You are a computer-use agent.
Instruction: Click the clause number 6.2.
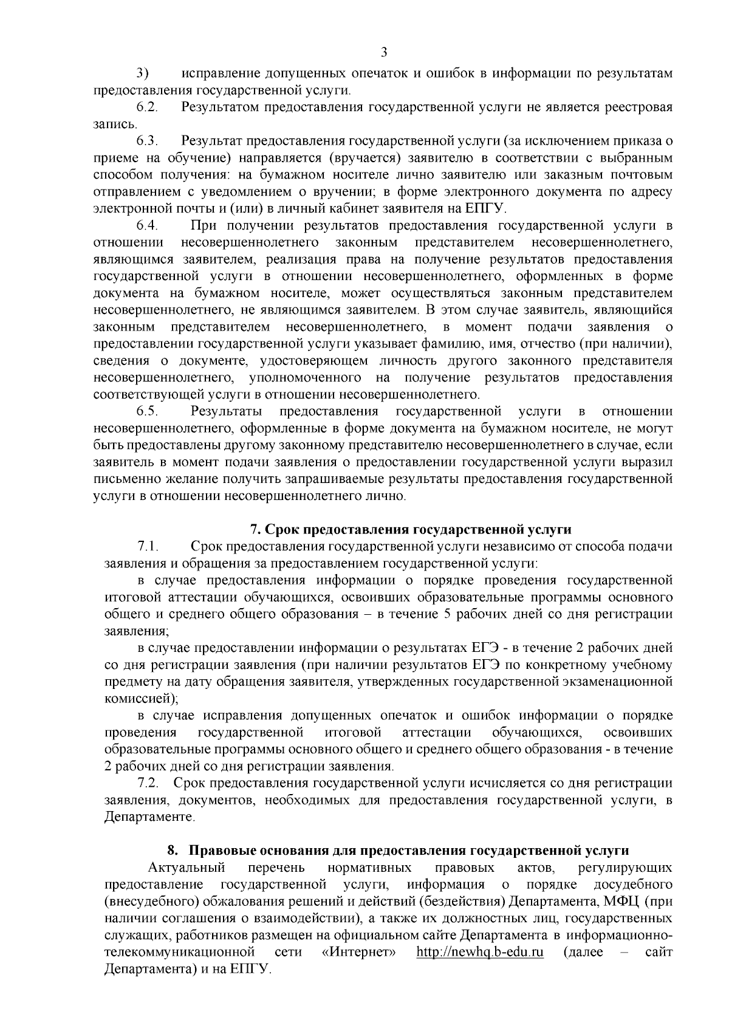[x=147, y=108]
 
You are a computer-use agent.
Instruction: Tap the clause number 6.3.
[x=147, y=142]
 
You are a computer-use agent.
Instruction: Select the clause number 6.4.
[x=147, y=226]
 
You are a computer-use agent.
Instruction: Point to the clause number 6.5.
[x=147, y=412]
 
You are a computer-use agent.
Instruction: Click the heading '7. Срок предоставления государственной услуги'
[x=411, y=529]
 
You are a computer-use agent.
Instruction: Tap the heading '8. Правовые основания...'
[x=398, y=850]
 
